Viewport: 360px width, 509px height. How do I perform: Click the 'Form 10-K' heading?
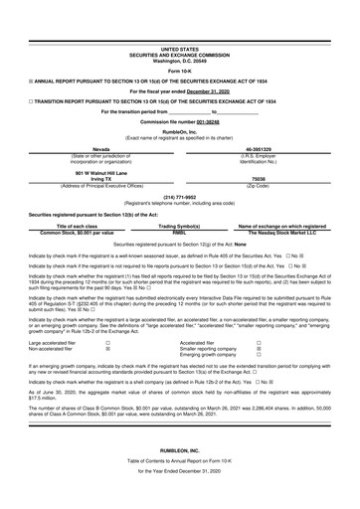tap(179, 72)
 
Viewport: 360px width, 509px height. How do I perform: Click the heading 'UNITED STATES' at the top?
tap(179, 48)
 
